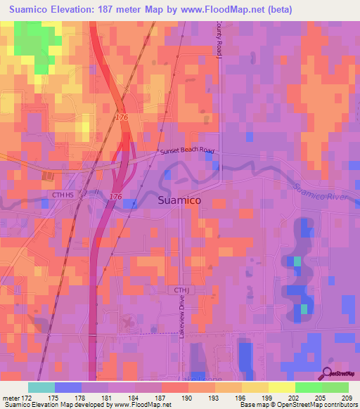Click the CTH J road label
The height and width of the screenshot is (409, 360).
[178, 290]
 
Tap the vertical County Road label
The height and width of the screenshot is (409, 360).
[219, 39]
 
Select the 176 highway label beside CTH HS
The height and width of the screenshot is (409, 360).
[116, 197]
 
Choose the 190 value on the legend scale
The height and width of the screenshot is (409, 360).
[186, 398]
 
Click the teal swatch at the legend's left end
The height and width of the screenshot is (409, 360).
[41, 387]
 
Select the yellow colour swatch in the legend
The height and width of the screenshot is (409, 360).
[281, 387]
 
